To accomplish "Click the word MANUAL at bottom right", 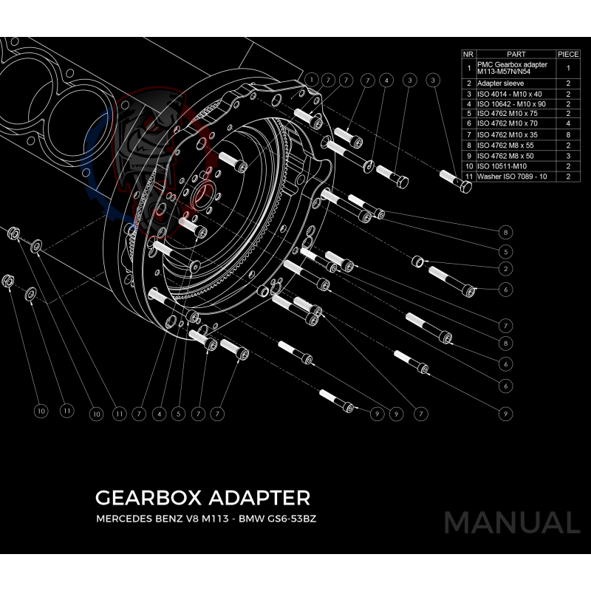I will coord(511,522).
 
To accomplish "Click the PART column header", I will coord(516,54).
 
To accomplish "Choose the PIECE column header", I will coord(568,54).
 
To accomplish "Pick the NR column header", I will coord(468,54).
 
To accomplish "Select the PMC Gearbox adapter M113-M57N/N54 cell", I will coord(515,68).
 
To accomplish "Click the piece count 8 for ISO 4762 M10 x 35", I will coord(568,136).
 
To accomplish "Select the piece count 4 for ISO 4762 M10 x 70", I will coord(568,125).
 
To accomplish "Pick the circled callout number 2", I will coord(506,268).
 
